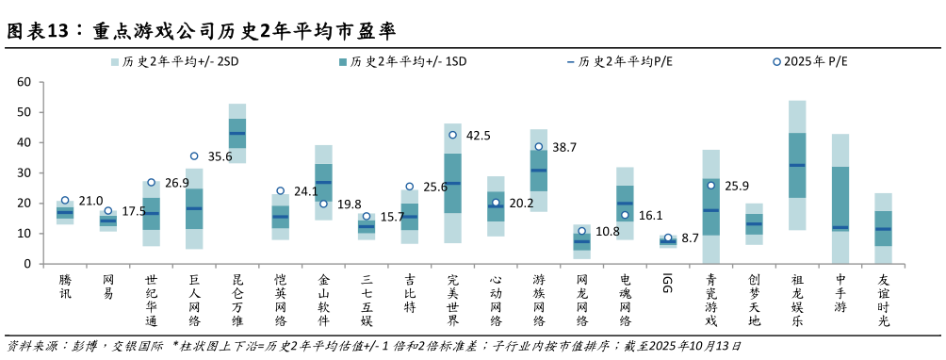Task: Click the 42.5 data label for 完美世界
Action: click(478, 135)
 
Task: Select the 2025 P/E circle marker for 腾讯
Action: click(65, 200)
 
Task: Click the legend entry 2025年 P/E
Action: click(810, 62)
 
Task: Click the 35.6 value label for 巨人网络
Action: click(220, 156)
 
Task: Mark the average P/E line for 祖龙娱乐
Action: click(796, 165)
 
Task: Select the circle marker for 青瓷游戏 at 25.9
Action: click(710, 186)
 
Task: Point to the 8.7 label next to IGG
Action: click(689, 239)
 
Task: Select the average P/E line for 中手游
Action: click(840, 227)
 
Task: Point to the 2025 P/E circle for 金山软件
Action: click(323, 204)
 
